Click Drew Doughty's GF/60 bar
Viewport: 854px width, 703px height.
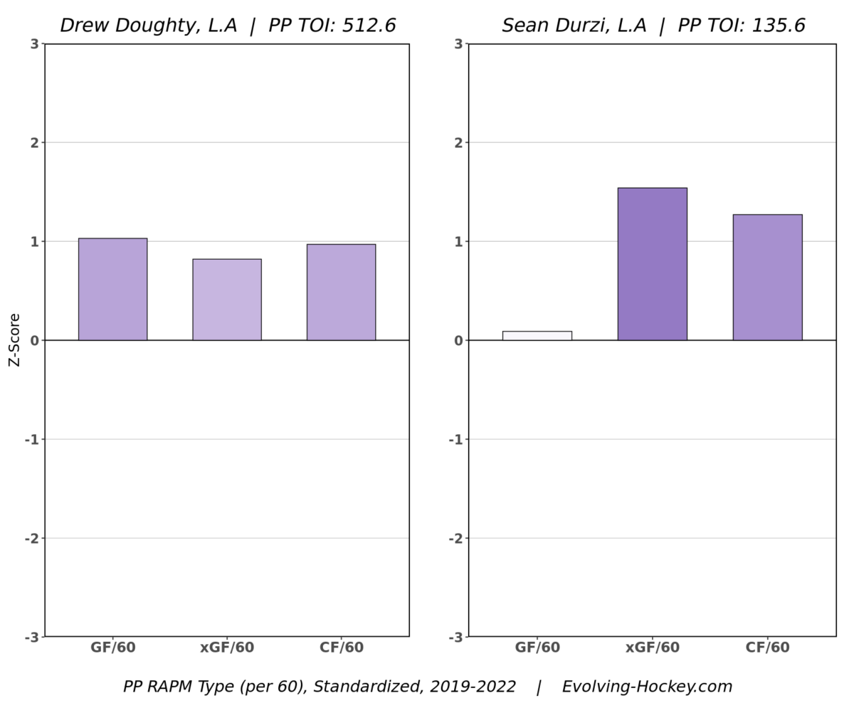[112, 289]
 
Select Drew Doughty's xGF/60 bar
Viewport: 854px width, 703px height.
[227, 300]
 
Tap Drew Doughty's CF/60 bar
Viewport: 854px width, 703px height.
[341, 292]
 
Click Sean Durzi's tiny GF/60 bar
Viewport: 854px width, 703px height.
[537, 336]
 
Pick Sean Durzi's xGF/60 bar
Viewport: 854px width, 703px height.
[652, 264]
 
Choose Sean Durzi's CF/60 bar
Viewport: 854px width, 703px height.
[767, 277]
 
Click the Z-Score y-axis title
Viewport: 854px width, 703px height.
[15, 340]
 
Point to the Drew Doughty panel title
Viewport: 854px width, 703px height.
[228, 26]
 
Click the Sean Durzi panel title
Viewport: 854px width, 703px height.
[653, 26]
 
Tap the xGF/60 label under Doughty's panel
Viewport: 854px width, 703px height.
[227, 648]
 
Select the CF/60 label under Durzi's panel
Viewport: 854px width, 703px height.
[767, 648]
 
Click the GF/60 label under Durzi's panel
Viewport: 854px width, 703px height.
[537, 648]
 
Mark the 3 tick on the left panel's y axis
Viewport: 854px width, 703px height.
[34, 44]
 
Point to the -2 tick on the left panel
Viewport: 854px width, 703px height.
[31, 539]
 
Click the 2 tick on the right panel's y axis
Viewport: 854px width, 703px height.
[458, 142]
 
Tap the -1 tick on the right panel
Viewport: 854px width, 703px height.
[455, 440]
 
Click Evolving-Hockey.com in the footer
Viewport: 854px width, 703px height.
[647, 687]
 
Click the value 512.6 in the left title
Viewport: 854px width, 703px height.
[367, 26]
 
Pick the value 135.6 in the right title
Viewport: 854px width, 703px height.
[777, 26]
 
